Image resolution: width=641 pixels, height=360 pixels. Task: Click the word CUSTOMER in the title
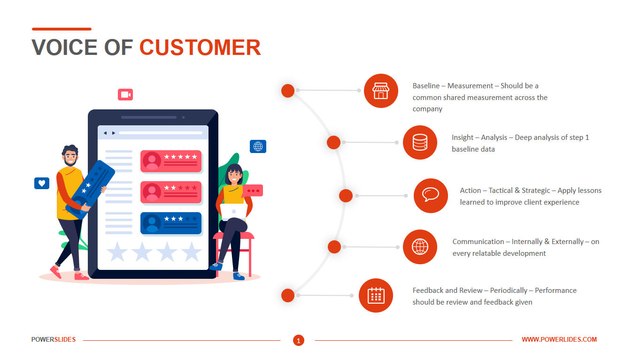(200, 47)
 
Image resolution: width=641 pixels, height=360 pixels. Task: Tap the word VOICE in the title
(64, 47)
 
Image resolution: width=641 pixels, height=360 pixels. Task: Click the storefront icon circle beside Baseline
(381, 91)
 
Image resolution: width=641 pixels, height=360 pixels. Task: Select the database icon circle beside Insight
(420, 142)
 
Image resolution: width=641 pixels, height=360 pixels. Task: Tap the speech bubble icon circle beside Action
(431, 196)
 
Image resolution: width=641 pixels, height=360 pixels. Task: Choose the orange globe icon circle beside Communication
(420, 247)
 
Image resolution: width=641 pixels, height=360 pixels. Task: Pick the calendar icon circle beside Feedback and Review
(376, 295)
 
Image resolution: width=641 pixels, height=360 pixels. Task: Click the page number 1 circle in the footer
(299, 340)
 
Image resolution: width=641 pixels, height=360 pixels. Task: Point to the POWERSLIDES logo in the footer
(54, 339)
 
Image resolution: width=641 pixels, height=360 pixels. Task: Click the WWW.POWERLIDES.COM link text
(559, 339)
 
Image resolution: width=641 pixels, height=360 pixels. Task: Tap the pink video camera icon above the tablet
(125, 95)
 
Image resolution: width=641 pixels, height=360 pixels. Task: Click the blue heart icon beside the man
(42, 184)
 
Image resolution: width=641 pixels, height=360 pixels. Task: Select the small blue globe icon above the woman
(258, 146)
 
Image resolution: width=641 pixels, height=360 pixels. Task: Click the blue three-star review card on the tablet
(171, 223)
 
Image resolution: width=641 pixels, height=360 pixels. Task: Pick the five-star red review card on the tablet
(171, 161)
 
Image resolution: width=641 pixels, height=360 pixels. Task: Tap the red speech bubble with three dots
(253, 191)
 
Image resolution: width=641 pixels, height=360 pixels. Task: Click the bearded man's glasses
(70, 156)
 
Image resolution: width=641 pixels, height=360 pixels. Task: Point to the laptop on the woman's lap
(234, 211)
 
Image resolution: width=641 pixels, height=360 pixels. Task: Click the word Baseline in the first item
(426, 86)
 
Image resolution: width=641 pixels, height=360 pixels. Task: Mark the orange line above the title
(62, 29)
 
